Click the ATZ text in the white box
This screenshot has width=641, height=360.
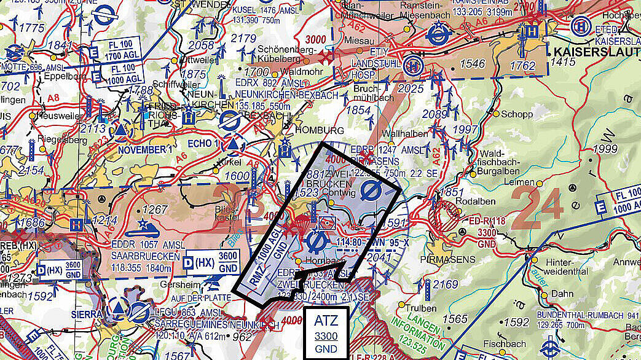tap(325, 321)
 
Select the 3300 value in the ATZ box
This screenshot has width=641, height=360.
tap(325, 336)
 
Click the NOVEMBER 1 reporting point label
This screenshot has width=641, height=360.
tap(143, 149)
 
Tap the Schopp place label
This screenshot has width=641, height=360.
tap(517, 114)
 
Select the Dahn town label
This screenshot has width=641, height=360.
tap(562, 294)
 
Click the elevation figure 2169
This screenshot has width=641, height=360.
tap(445, 284)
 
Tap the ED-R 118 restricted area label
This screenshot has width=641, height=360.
tap(486, 221)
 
